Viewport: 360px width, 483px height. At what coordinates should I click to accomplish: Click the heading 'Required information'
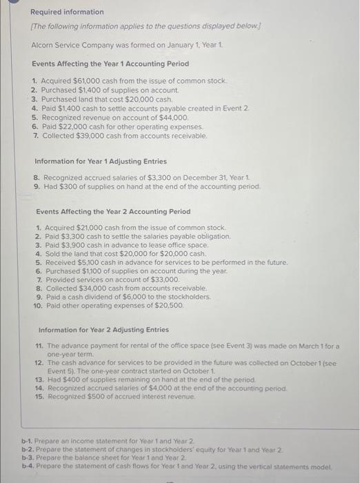tap(66, 12)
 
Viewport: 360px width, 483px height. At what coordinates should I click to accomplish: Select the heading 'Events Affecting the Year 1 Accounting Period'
tap(110, 63)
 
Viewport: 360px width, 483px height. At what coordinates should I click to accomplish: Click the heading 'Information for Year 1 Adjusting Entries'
tap(100, 161)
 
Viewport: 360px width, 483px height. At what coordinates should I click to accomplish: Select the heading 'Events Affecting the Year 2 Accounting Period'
tap(113, 212)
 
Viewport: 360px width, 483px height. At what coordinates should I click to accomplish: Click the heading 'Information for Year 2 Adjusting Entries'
tap(103, 330)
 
